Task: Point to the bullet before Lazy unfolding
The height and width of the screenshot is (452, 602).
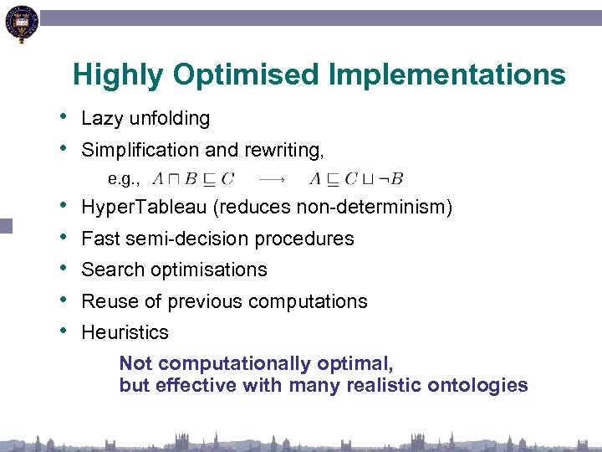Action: [x=64, y=116]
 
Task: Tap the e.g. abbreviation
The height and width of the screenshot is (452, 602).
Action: [x=124, y=178]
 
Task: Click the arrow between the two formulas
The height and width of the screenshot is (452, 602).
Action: [x=270, y=177]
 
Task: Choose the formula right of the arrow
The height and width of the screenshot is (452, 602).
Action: [x=356, y=177]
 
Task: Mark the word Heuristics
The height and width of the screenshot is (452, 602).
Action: [x=125, y=332]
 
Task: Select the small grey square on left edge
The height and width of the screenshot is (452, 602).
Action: [x=7, y=224]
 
